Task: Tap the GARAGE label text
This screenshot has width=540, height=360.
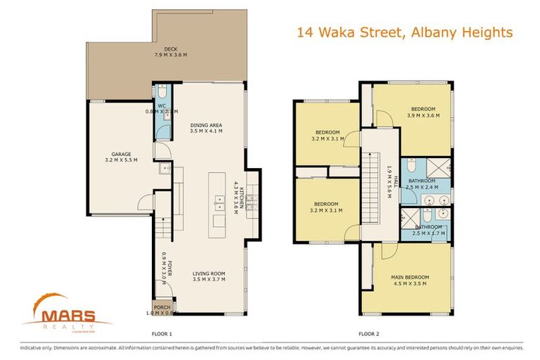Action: click(x=121, y=154)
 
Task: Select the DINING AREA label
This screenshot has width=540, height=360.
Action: click(x=206, y=126)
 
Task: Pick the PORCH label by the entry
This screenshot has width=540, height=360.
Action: click(x=162, y=307)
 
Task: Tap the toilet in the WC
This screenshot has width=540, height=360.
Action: click(x=161, y=92)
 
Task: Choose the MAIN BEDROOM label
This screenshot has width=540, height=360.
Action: click(x=410, y=277)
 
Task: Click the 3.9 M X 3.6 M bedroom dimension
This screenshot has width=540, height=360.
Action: click(x=423, y=115)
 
